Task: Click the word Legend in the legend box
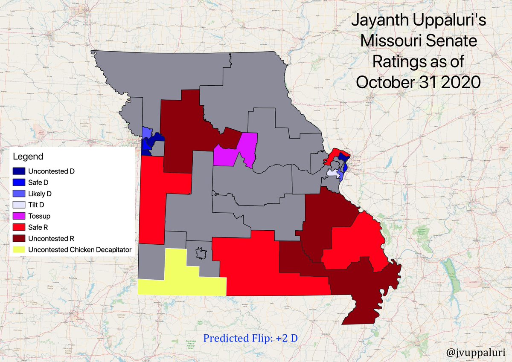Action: click(28, 157)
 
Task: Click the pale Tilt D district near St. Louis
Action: click(332, 174)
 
